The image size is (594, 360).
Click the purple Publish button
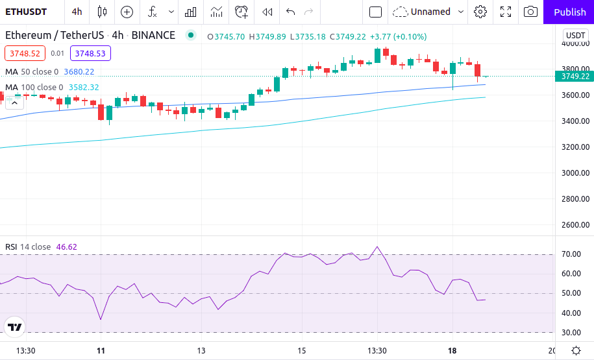(569, 12)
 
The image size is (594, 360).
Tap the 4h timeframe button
(77, 12)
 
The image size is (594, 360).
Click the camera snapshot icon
(530, 12)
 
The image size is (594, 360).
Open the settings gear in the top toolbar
(480, 12)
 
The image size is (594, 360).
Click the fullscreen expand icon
(506, 12)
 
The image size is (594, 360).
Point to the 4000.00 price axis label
(575, 43)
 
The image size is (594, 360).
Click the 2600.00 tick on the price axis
(575, 225)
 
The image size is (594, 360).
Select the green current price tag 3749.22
(575, 76)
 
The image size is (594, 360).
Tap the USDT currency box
(576, 36)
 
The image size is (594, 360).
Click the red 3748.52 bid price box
(25, 54)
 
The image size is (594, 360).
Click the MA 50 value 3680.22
(79, 71)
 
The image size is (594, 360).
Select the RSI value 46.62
(66, 246)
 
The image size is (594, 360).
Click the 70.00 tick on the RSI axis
(571, 254)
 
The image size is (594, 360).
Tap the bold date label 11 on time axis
(101, 351)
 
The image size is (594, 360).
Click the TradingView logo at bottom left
(15, 328)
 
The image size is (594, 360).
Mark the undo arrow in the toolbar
(290, 12)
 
